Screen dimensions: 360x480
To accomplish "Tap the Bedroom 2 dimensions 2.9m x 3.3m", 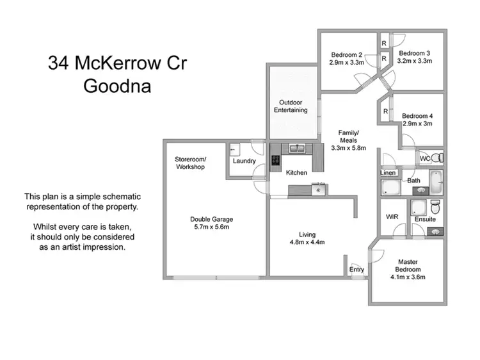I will (347, 63).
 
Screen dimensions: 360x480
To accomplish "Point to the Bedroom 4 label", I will (417, 116).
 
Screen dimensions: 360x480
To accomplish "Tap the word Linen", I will (388, 173).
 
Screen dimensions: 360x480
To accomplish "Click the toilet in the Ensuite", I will (435, 207).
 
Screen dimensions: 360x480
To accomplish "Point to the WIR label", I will (392, 217).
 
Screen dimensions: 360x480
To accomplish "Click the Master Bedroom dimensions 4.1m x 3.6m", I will (408, 277).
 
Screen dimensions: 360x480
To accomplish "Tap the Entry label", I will (356, 270).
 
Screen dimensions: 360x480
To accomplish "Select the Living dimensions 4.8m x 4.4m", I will (308, 242).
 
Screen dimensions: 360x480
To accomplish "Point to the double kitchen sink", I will (296, 149).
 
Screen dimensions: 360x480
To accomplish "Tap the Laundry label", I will (244, 161).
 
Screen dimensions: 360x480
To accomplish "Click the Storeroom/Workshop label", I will (189, 163).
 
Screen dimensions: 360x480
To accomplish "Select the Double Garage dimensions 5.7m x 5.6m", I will (211, 227).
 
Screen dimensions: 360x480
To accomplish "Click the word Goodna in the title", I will (117, 85).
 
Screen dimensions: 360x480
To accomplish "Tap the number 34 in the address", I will (60, 63).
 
